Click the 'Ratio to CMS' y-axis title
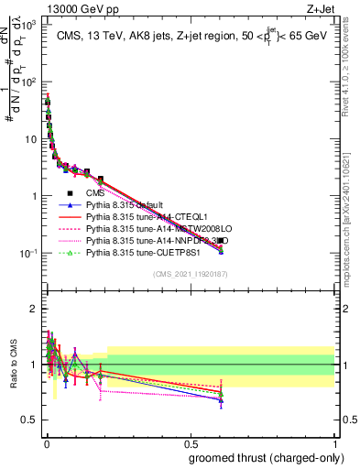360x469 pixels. click(x=14, y=365)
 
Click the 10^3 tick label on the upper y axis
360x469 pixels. click(x=29, y=26)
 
